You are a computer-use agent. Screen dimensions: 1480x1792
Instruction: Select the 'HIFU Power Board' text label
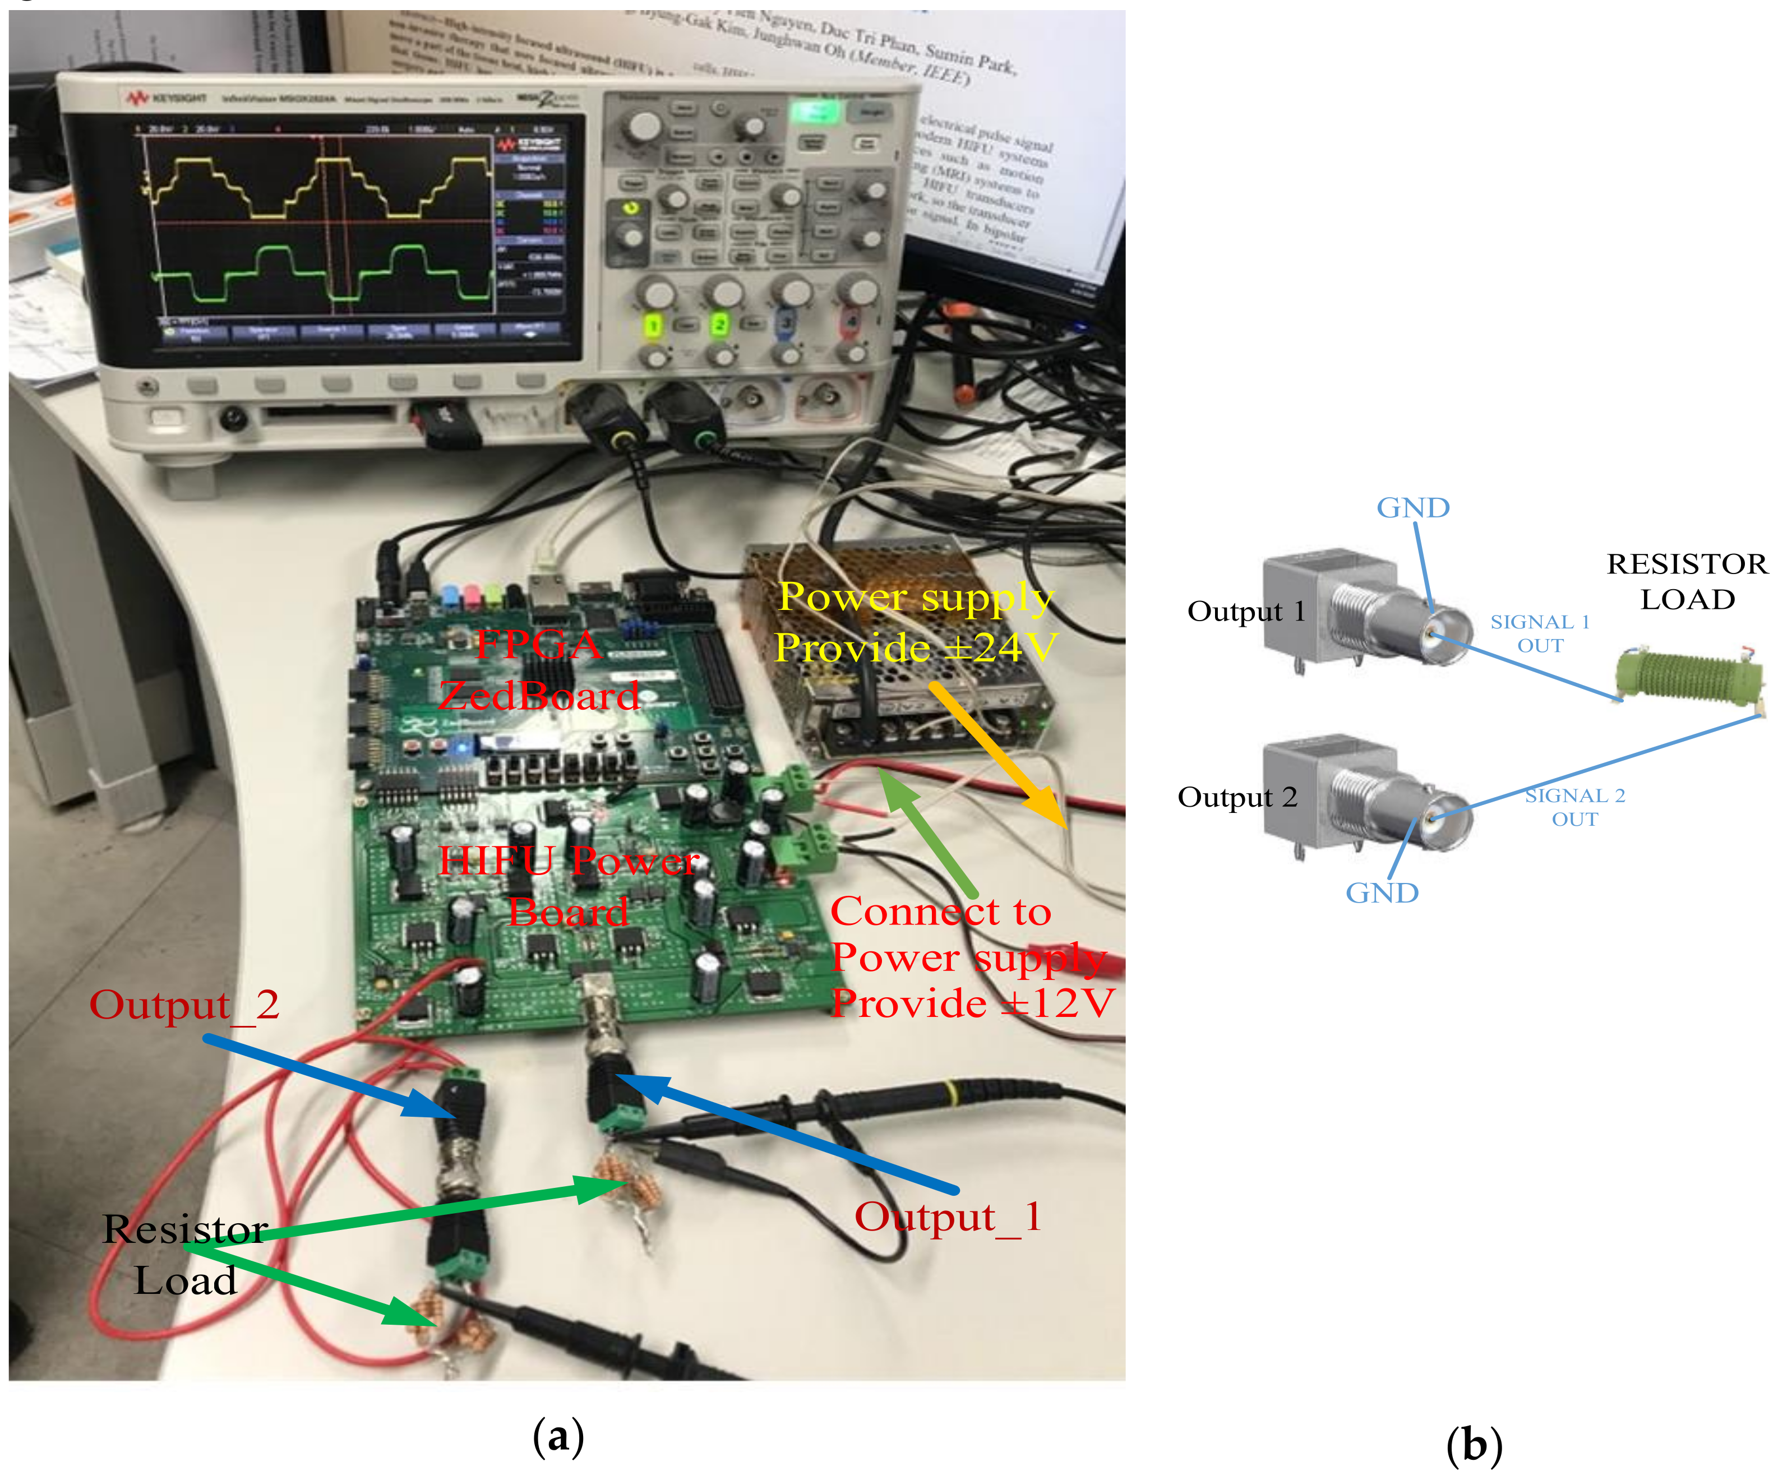[x=569, y=887]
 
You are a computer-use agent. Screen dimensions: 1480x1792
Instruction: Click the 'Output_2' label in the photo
[x=184, y=1006]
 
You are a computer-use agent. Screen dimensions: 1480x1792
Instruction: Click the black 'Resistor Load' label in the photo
[x=185, y=1256]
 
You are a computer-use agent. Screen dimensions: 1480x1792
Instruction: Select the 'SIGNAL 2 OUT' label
[x=1574, y=807]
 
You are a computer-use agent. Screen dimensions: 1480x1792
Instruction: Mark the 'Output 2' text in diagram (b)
[x=1236, y=797]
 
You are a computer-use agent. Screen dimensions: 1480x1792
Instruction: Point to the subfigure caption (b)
[x=1474, y=1446]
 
